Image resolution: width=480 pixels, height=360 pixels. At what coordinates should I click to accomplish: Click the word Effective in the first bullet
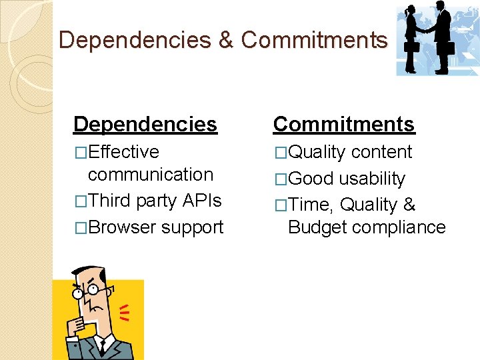point(123,152)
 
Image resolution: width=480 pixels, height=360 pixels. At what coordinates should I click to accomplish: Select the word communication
point(151,175)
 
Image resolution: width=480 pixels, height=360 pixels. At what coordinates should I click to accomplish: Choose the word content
point(382,152)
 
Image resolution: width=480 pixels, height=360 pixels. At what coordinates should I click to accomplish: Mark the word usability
point(372,179)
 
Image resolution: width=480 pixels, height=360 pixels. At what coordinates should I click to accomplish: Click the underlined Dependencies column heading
point(145,124)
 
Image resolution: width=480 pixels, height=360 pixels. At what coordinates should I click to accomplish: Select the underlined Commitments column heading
point(344,124)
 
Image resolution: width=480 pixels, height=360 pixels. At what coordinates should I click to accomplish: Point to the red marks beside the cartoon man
point(123,311)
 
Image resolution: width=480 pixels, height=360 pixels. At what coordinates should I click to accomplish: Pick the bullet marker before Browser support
point(81,228)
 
